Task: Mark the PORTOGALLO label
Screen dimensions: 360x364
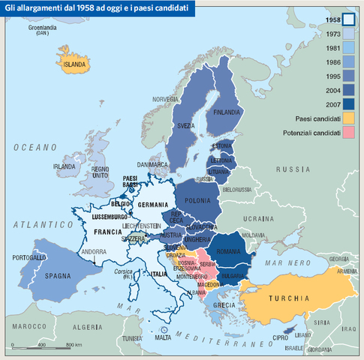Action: coord(29,257)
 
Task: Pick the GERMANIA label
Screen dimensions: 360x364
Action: coord(152,205)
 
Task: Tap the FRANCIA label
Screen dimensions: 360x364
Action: coord(108,232)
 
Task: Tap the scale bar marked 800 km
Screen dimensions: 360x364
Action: coord(45,346)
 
